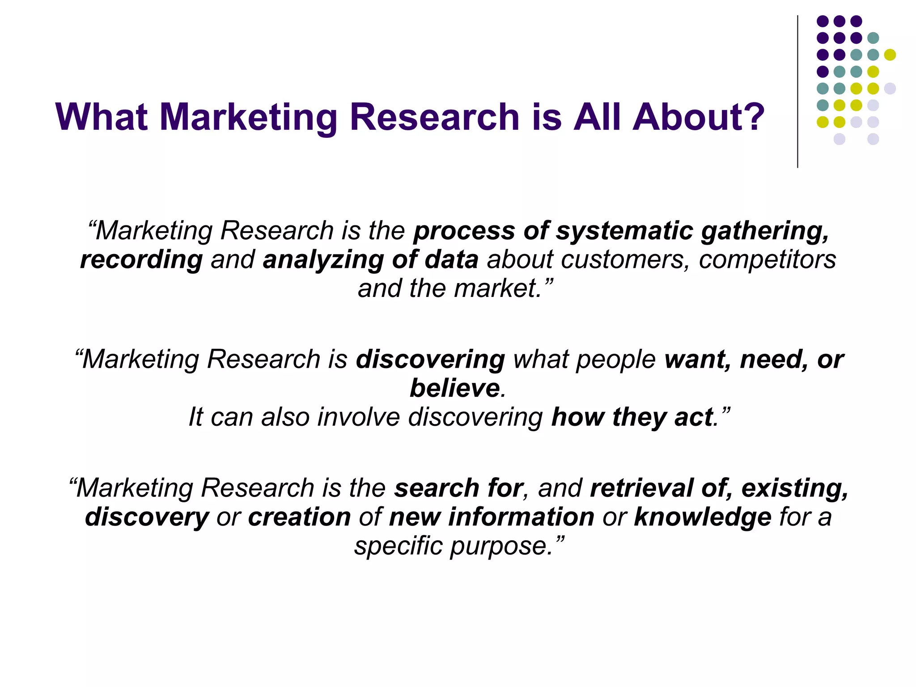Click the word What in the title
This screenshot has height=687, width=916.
(x=102, y=117)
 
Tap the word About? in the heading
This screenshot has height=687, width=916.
(x=698, y=117)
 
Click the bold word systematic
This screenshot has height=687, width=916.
(x=624, y=231)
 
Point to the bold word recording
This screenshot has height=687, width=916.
(x=141, y=260)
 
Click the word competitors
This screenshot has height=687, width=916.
(x=767, y=260)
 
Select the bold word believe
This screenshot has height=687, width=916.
(x=454, y=388)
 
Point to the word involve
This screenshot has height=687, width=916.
(x=358, y=417)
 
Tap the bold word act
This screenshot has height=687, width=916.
(x=693, y=417)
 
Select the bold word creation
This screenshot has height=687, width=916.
(x=299, y=517)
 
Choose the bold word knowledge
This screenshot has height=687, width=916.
(x=703, y=517)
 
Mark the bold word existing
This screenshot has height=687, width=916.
(x=793, y=488)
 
